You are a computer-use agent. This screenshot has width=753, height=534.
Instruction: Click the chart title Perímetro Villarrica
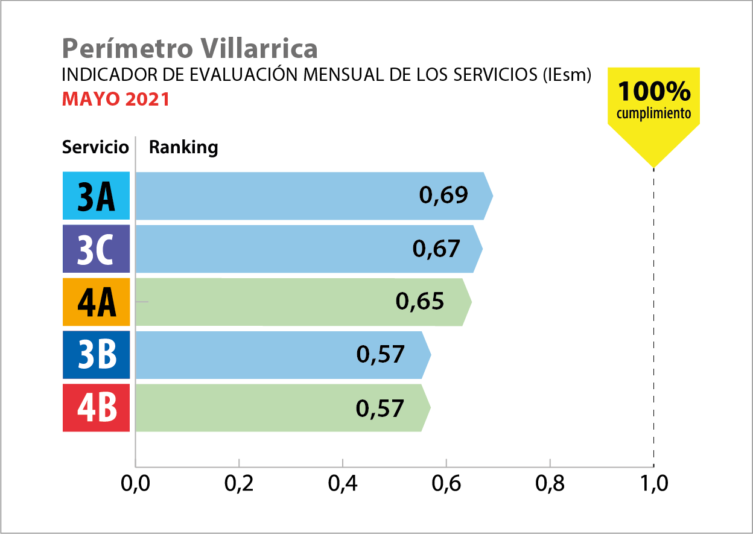point(189,48)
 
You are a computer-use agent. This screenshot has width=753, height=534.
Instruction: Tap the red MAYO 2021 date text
point(116,99)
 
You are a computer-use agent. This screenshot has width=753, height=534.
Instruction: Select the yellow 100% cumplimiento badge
point(653,103)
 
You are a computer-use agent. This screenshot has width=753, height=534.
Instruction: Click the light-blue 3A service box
point(97,195)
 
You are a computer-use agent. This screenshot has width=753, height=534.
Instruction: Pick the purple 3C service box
point(97,249)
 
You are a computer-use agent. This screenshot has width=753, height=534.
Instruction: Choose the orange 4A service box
point(97,302)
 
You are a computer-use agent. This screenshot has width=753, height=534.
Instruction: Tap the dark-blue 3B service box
point(97,355)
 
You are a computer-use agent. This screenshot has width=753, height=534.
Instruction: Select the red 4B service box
point(97,408)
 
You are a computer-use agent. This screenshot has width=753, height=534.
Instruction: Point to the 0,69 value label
point(443,195)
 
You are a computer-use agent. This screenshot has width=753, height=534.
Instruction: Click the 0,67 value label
point(436,248)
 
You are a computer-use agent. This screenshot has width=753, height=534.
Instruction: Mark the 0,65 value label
point(420,301)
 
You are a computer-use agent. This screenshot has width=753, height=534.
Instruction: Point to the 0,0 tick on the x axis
point(135,485)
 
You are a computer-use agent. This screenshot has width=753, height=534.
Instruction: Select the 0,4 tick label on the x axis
point(342,485)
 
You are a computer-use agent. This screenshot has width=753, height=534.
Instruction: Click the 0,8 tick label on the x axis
point(550,485)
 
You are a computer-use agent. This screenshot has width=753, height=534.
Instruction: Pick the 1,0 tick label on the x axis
point(653,485)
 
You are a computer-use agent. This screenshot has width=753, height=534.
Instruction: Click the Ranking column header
point(183,147)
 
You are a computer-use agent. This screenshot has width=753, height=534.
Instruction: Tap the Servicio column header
point(95,147)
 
